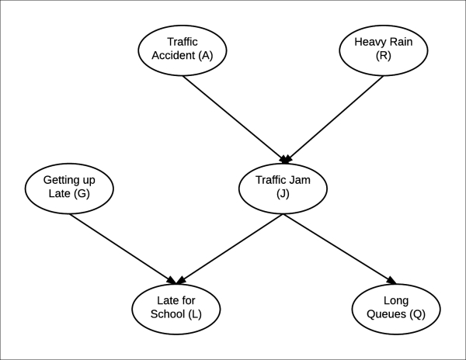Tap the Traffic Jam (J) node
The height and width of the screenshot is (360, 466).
283,187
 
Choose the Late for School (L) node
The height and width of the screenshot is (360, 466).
177,307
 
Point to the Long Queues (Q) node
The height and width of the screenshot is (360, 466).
397,307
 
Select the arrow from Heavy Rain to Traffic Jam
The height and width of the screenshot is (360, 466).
335,116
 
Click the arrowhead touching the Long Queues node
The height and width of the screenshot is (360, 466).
391,281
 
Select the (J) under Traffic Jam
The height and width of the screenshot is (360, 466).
283,195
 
